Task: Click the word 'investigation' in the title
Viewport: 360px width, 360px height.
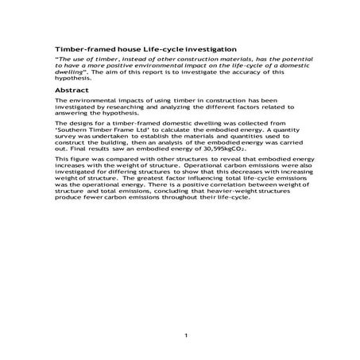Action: [209, 49]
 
